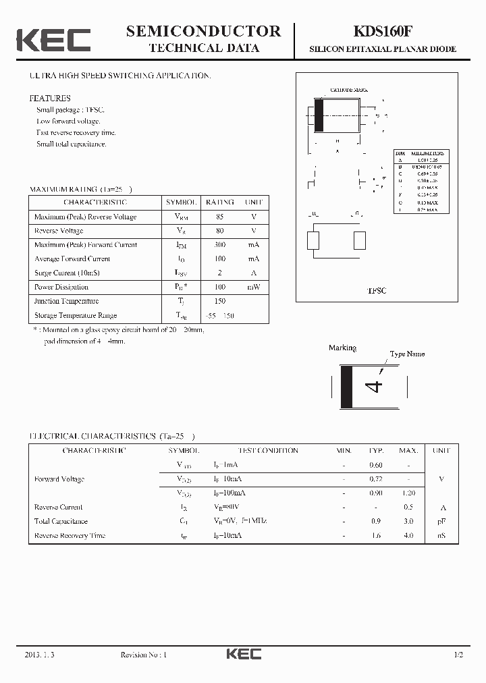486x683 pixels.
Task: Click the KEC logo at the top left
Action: [x=53, y=40]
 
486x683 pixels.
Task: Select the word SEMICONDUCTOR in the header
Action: [x=203, y=31]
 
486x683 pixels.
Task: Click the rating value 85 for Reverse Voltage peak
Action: [x=219, y=217]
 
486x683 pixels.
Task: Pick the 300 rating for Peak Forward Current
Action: [x=219, y=245]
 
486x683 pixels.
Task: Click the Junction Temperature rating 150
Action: [x=219, y=301]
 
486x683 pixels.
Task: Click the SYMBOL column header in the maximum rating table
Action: [x=181, y=202]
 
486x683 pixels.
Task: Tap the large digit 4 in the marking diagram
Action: [x=374, y=386]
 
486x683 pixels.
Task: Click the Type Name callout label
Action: [x=407, y=354]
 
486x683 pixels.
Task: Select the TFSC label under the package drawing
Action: [x=376, y=290]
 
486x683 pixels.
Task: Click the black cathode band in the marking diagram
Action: [x=347, y=386]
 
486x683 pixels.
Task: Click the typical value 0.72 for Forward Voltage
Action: [x=376, y=479]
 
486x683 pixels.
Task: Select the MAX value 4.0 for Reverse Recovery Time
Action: [x=408, y=535]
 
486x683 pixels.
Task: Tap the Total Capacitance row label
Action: [x=61, y=521]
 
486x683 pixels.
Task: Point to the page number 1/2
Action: [x=460, y=655]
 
